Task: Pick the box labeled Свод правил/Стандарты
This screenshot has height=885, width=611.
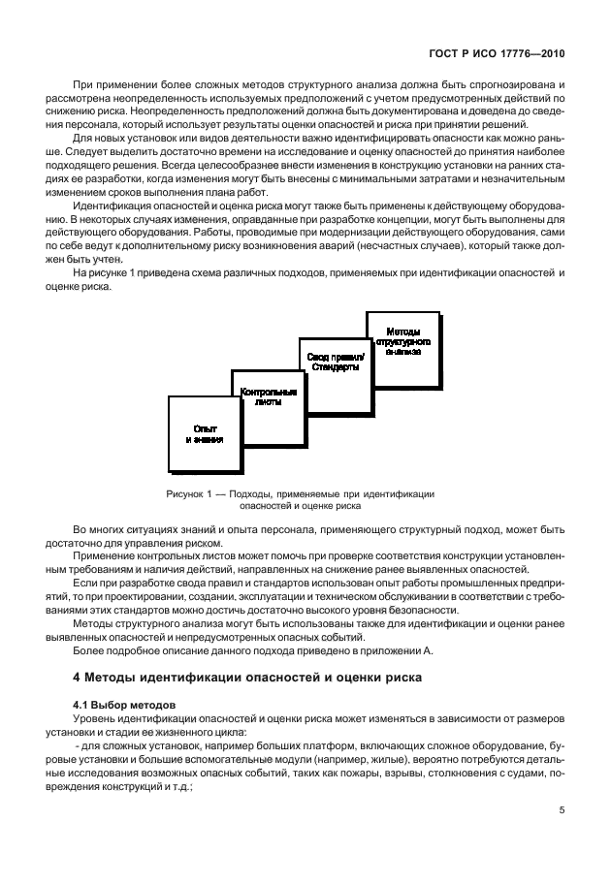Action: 334,363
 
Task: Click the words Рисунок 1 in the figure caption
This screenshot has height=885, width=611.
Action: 191,493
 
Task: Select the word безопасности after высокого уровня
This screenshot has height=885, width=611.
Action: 414,611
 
